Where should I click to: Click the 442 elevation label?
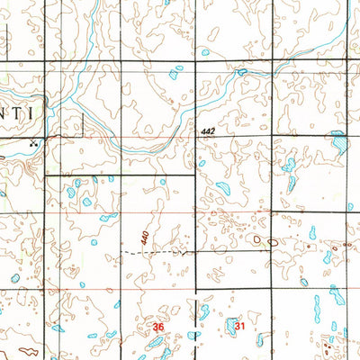coord(209,132)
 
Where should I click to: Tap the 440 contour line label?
coord(145,238)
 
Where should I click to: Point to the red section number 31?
coord(239,325)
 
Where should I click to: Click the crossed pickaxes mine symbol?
coord(35,141)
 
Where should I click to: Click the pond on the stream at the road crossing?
coord(241,71)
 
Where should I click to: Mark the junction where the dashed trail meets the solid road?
coord(195,253)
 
